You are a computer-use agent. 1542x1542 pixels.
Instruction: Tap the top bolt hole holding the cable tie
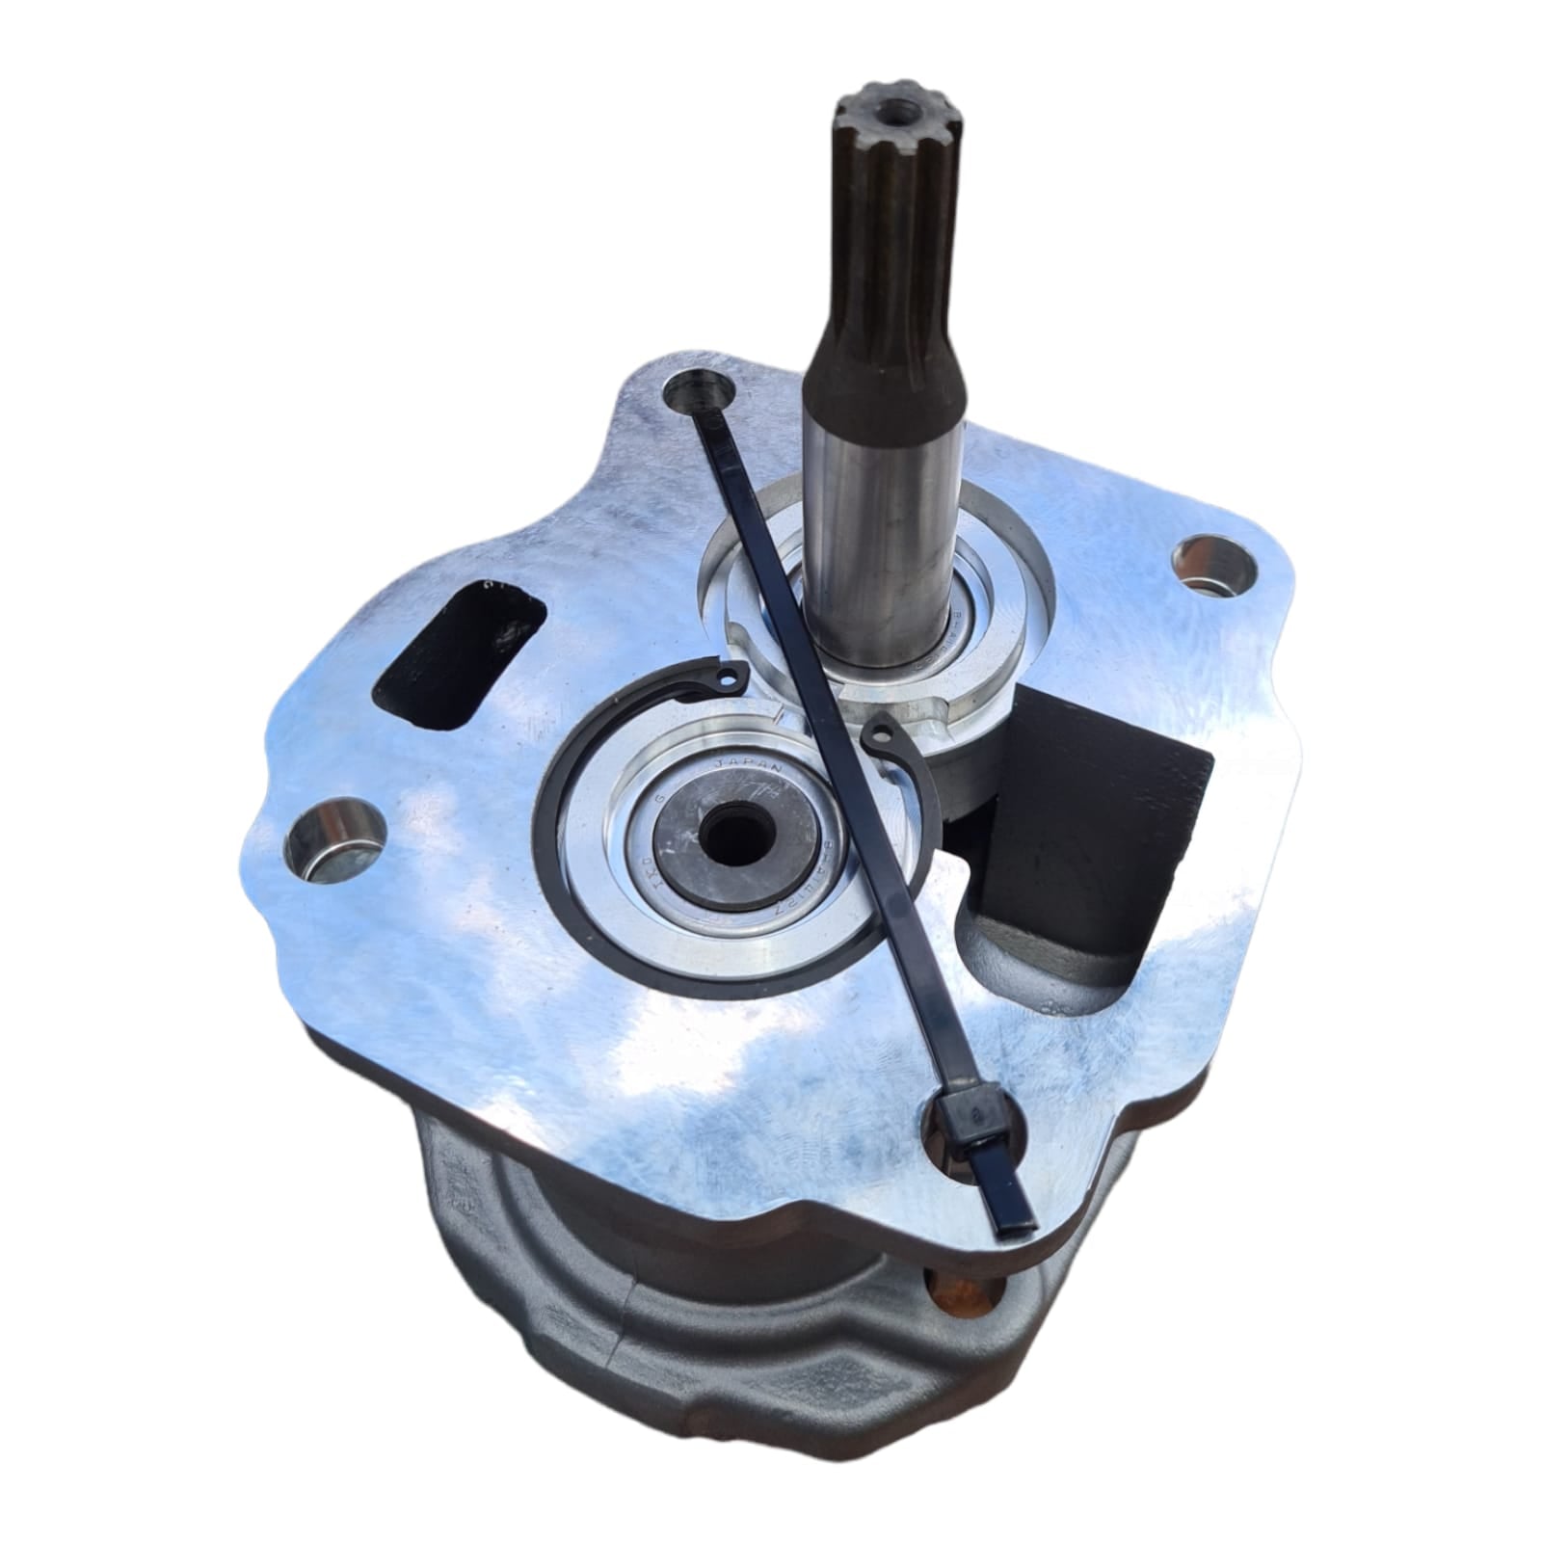[700, 394]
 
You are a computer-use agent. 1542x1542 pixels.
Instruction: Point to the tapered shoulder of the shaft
[887, 366]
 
